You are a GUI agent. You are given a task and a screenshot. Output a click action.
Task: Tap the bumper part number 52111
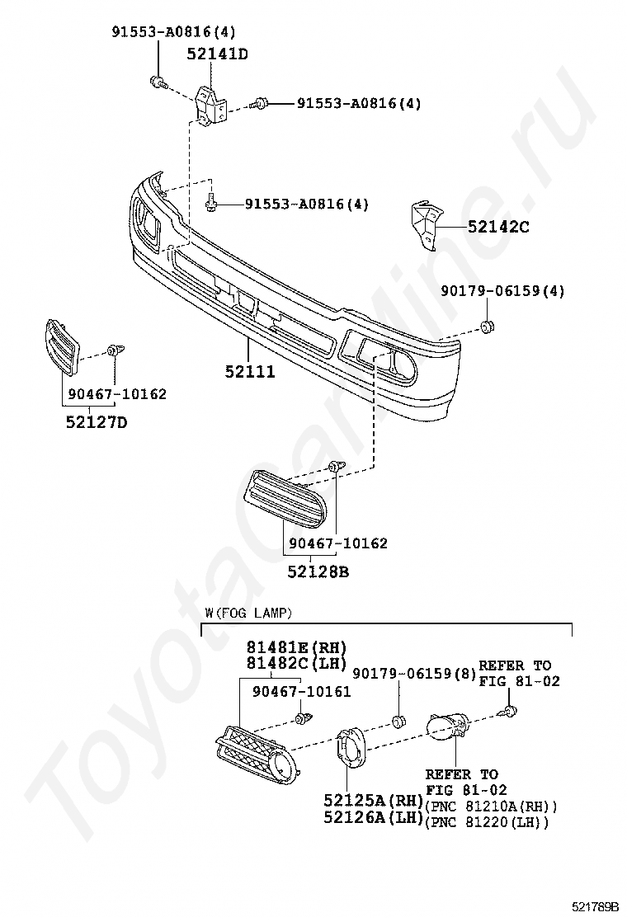249,372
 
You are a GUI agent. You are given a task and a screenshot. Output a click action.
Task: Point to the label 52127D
97,423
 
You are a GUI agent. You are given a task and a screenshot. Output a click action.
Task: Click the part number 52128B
318,571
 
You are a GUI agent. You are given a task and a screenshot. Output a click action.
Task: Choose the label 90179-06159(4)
502,291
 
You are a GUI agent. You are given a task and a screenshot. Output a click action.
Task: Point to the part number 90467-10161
301,691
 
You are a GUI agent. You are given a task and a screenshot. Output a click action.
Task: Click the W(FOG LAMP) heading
248,612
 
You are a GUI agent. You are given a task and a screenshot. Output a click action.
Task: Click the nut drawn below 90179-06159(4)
488,328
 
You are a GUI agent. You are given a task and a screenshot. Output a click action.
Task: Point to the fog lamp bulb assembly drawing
447,728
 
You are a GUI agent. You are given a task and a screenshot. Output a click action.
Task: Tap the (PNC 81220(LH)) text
486,821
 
